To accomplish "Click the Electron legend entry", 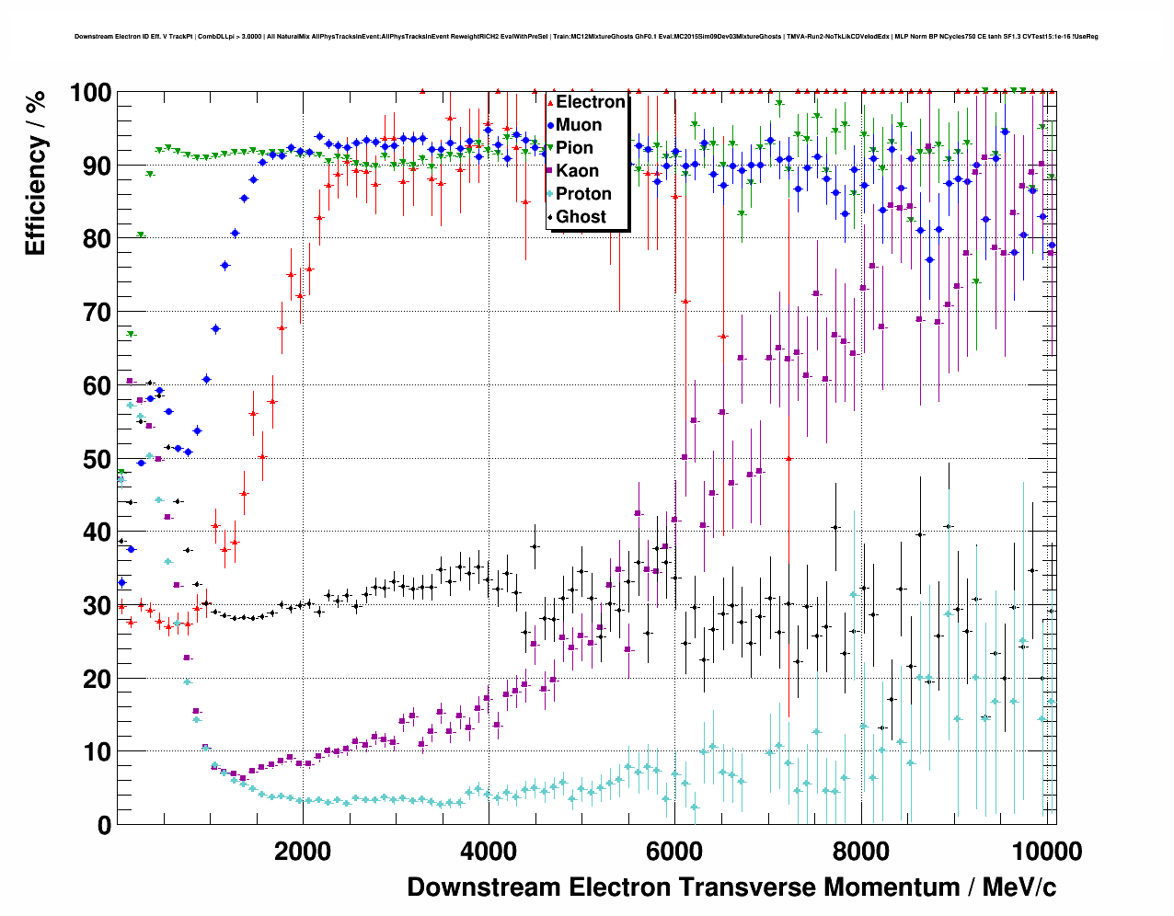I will (x=590, y=102).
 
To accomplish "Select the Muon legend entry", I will (x=579, y=125).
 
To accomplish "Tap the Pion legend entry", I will (x=574, y=148).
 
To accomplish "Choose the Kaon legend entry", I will (x=577, y=171).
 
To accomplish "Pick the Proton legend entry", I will (x=583, y=194).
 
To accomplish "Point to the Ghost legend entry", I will (x=581, y=217).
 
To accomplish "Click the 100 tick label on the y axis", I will (x=90, y=93).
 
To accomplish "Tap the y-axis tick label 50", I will (x=97, y=459).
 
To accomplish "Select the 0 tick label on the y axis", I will (x=104, y=825).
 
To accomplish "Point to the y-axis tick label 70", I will (x=97, y=313).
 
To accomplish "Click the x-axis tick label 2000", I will (x=303, y=852).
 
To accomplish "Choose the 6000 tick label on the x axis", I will (x=674, y=852).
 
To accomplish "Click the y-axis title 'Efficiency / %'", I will (x=35, y=173).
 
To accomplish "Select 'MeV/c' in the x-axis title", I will (x=1019, y=887).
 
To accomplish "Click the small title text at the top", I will (x=586, y=37).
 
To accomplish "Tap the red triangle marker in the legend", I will (x=550, y=102).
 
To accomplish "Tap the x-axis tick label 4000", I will (x=489, y=852).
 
